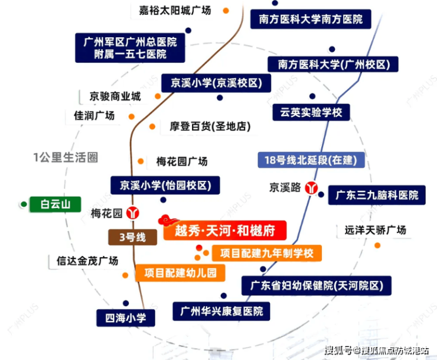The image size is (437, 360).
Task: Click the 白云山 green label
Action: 56,205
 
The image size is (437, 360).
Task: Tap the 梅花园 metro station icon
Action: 133,213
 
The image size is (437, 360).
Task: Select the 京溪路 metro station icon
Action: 311,187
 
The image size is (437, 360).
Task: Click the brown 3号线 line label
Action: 132,237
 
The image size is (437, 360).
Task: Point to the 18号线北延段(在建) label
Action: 311,160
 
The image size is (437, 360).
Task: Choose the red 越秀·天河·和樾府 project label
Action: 225,231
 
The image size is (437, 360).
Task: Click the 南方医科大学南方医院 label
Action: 311,19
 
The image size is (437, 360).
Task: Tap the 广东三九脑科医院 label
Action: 377,195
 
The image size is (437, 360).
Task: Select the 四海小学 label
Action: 126,318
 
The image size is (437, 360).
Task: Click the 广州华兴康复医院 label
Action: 221,311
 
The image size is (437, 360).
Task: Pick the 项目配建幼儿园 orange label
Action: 180,273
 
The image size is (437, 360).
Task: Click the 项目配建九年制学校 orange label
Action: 267,253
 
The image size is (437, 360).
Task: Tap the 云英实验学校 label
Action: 311,112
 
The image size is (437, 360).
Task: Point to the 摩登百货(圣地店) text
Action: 210,127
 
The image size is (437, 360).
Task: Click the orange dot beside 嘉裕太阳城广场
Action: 226,11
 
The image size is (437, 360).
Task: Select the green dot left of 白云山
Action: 24,205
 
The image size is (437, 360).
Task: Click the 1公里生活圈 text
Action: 66,157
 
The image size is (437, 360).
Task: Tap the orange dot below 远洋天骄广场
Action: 377,245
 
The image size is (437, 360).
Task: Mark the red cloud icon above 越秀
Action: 168,220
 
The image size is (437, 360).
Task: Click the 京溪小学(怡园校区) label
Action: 165,185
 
